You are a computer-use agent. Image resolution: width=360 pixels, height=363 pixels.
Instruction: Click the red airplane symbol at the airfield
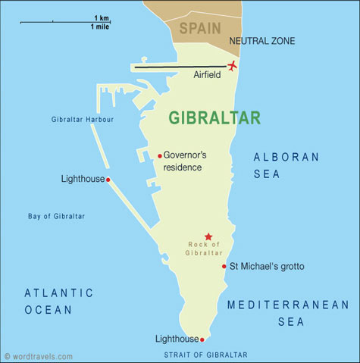click(233, 65)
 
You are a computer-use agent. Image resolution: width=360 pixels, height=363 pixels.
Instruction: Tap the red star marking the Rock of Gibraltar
click(208, 236)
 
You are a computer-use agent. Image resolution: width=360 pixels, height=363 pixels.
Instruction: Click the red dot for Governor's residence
click(160, 155)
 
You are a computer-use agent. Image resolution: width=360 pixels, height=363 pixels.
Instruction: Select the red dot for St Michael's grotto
click(224, 266)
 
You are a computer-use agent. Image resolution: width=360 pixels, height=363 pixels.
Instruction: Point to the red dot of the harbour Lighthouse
click(108, 180)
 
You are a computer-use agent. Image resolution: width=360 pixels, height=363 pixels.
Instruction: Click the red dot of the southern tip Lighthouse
click(202, 339)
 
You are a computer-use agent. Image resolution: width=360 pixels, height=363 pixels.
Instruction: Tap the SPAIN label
click(200, 29)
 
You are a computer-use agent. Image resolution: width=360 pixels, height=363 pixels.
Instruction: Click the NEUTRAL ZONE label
click(262, 41)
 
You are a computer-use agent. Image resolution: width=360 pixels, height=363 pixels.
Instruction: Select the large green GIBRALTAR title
click(214, 118)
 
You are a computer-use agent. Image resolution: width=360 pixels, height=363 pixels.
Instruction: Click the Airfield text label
click(207, 75)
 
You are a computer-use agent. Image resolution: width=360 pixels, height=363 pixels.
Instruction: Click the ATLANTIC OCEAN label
click(58, 301)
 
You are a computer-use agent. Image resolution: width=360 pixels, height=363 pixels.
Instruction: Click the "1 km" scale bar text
click(101, 17)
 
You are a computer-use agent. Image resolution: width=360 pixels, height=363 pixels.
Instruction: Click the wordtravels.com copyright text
click(39, 355)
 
